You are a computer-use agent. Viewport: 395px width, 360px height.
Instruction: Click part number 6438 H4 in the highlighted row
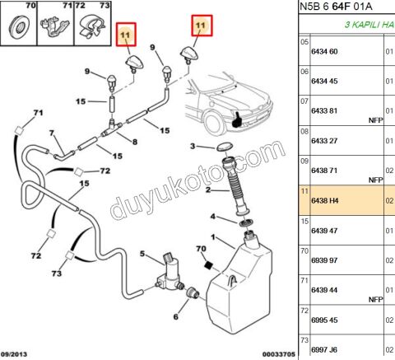coord(324,201)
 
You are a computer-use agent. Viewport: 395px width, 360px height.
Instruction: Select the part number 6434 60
coord(324,52)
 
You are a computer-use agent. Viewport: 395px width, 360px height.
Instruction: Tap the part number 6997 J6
coord(324,349)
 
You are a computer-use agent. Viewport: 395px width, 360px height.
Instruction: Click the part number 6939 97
coord(324,260)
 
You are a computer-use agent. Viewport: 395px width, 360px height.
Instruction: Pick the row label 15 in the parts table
coord(304,222)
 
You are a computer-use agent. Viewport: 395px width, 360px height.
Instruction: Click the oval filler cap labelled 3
coord(225,147)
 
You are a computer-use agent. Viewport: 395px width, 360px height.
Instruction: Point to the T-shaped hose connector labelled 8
coord(112,129)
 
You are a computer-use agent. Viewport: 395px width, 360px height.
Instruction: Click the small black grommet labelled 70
coord(209,265)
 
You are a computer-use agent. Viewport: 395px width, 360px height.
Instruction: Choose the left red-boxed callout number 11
coord(126,35)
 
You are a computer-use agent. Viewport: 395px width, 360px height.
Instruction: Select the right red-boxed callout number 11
coord(202,26)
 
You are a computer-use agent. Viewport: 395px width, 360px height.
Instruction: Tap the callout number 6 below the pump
coord(176,317)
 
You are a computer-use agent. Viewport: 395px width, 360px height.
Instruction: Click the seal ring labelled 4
coord(246,222)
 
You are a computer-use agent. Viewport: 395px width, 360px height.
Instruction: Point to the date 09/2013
coord(14,354)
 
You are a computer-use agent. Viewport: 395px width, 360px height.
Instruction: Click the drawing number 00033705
coord(279,354)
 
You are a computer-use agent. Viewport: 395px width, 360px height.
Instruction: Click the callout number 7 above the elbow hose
coord(52,133)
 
